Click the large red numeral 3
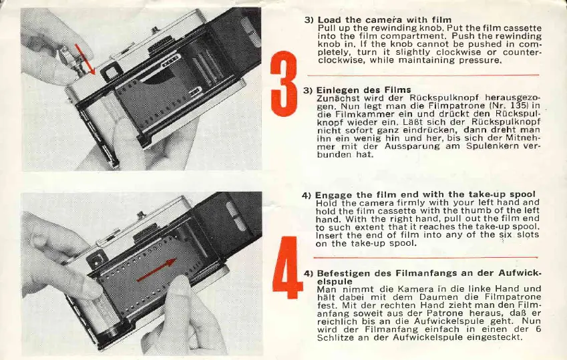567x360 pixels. pyautogui.click(x=284, y=83)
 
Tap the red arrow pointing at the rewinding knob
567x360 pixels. pyautogui.click(x=85, y=59)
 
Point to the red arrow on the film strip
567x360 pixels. pyautogui.click(x=156, y=270)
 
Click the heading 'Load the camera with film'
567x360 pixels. pyautogui.click(x=385, y=20)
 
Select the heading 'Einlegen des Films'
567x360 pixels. pyautogui.click(x=363, y=89)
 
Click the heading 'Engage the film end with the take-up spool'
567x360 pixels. pyautogui.click(x=425, y=195)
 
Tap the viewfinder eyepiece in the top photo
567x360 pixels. pyautogui.click(x=109, y=72)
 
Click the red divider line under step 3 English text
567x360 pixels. pyautogui.click(x=423, y=75)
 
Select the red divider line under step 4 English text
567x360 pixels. pyautogui.click(x=425, y=258)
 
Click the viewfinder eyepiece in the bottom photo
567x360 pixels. pyautogui.click(x=98, y=259)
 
